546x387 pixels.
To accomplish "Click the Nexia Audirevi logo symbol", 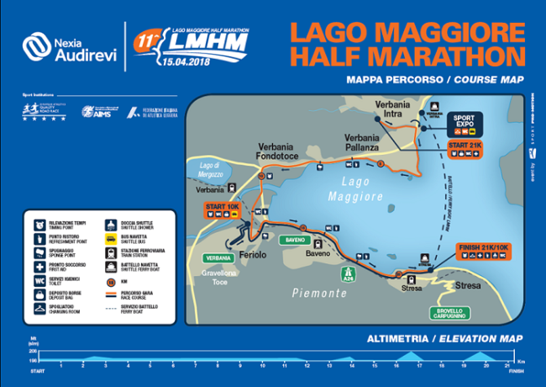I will click(34, 45).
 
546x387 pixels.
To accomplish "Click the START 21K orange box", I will click(465, 145).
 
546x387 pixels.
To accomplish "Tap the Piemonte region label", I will click(318, 294).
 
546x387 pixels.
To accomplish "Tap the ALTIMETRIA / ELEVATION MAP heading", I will click(438, 339).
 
